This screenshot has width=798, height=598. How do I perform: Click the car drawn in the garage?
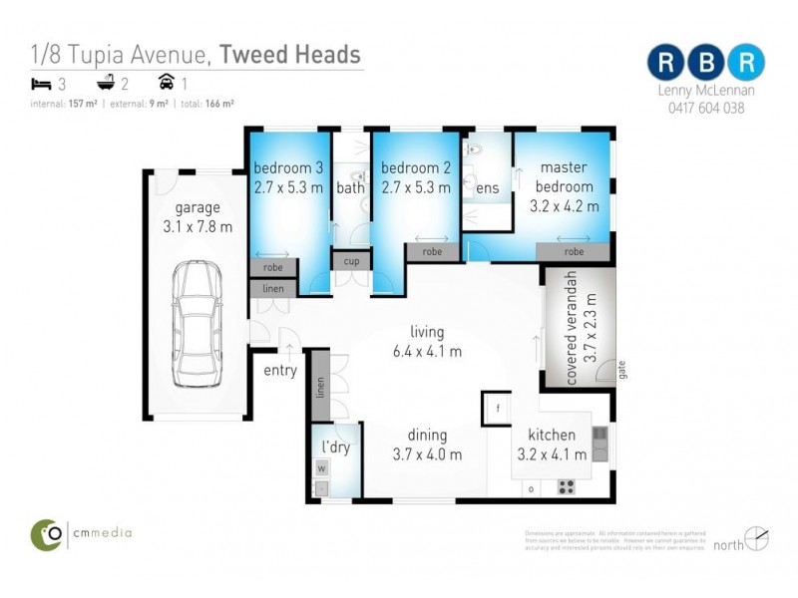pos(197,324)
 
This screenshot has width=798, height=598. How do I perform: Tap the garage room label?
pos(198,208)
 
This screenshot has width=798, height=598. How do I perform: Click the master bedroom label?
pos(566,176)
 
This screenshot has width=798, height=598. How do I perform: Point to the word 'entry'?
pos(280,371)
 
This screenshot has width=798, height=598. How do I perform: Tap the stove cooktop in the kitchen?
pos(567,486)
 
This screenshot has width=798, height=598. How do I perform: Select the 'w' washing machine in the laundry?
pos(321,467)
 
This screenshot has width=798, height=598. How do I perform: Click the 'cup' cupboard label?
pos(351,261)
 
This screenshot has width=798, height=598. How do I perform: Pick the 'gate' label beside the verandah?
pos(620,371)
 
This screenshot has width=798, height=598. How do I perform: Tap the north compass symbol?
pos(757,538)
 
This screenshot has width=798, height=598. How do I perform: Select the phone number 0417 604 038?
pos(706,109)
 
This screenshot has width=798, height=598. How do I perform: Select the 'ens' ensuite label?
pos(487,187)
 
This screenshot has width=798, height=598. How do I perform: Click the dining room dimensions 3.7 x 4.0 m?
pos(427,454)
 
